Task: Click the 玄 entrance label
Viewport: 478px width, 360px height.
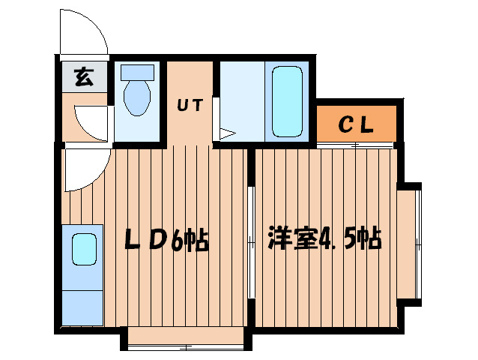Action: [x=84, y=76]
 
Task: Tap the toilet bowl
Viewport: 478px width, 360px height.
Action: [x=137, y=98]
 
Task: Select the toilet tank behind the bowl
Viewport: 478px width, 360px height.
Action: [x=137, y=73]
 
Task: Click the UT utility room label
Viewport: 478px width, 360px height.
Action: [x=190, y=105]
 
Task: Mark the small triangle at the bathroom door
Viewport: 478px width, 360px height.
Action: [x=226, y=134]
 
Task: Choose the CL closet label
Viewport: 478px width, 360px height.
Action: [x=356, y=124]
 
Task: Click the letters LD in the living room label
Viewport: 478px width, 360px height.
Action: [x=147, y=239]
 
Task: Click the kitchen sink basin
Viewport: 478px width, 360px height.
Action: [x=84, y=248]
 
